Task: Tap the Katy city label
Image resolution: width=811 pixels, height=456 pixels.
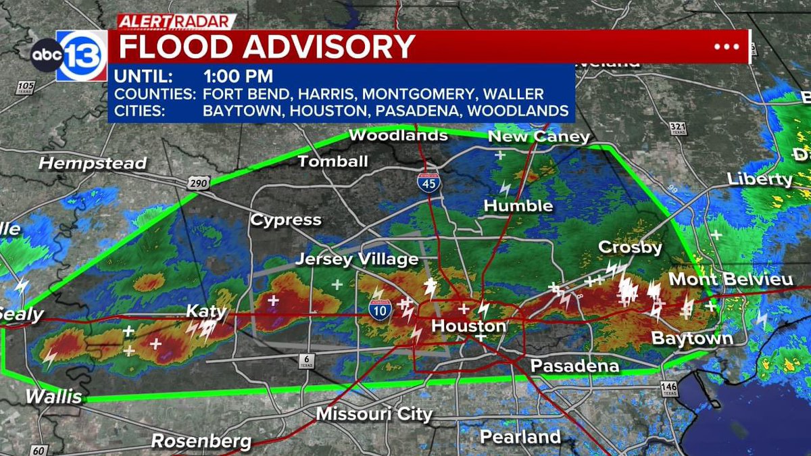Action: point(207,312)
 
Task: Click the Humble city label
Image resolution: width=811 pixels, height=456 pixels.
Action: point(519,205)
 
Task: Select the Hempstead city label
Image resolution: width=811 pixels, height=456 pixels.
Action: point(93,163)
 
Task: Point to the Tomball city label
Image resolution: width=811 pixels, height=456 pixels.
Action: point(333,161)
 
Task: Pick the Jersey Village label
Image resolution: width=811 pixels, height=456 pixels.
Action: point(357,259)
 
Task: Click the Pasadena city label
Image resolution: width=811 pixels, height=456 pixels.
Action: point(574,366)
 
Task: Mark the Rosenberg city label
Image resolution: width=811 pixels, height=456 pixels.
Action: point(201,442)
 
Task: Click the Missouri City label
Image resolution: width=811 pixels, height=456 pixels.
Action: point(374,413)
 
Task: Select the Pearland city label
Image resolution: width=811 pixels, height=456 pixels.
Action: point(520,436)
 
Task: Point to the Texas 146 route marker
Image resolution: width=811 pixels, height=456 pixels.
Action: point(669,388)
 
